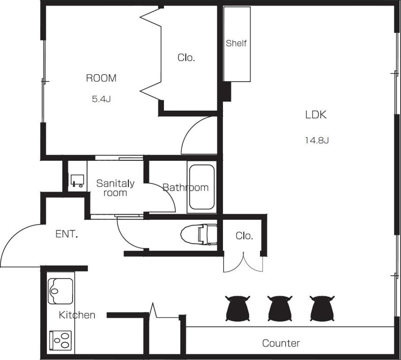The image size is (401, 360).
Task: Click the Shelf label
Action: pos(236,43)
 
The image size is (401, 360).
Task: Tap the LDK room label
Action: pos(316,115)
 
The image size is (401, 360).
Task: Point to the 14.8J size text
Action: pos(317,140)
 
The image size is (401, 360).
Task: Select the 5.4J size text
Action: pos(101,99)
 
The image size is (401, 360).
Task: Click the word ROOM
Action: pos(101,78)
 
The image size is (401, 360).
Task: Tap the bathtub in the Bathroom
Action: pos(202,187)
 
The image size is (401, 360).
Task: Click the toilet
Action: pos(199,234)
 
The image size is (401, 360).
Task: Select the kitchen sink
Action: pos(60,291)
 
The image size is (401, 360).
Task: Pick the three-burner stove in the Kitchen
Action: pos(60,340)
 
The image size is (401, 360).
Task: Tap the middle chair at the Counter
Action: pos(280,308)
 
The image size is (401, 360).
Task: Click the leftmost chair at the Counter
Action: pos(238,308)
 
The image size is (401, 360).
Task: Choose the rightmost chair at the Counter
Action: pos(322,308)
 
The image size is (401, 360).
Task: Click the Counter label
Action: pos(281,343)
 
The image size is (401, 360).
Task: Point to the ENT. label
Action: pos(67,234)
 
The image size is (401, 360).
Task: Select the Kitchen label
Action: pos(77,315)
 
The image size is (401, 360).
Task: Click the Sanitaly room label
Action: pos(115,188)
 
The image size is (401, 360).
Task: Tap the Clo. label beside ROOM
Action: pos(186,58)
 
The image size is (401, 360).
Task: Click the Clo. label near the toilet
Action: pos(244,236)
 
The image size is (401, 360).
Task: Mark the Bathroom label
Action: pos(186,187)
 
